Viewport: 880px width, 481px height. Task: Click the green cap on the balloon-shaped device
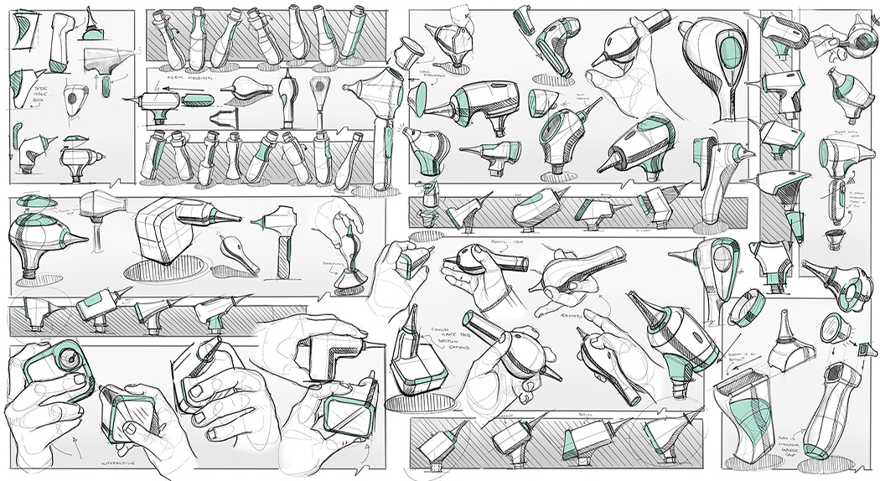36,201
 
